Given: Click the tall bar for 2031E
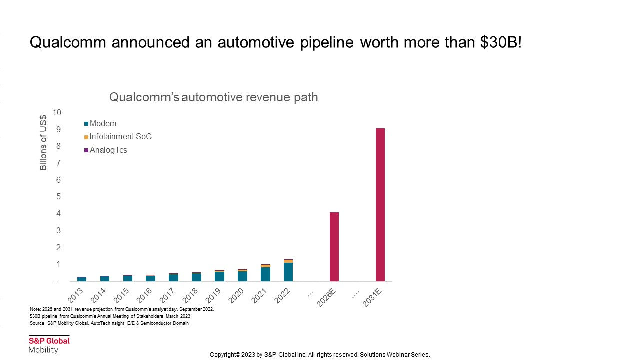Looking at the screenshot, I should point(380,205).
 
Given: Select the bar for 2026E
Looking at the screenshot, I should point(334,247).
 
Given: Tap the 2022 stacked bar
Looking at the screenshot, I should point(288,271).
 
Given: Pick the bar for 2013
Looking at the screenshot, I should point(82,279).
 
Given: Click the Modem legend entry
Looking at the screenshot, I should point(103,124).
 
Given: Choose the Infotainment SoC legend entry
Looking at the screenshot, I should point(120,137).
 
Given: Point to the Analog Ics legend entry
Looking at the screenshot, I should point(108,150).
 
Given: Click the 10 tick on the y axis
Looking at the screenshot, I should point(57,113).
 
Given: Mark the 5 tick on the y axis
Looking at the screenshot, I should point(58,197).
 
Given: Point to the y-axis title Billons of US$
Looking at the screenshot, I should point(43,143).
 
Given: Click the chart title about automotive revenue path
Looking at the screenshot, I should point(213,97).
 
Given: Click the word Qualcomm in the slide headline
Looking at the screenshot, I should point(68,42).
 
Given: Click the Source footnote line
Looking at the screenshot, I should point(109,323).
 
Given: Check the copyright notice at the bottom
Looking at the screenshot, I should point(320,355).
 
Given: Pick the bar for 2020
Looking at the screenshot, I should point(242,275).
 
